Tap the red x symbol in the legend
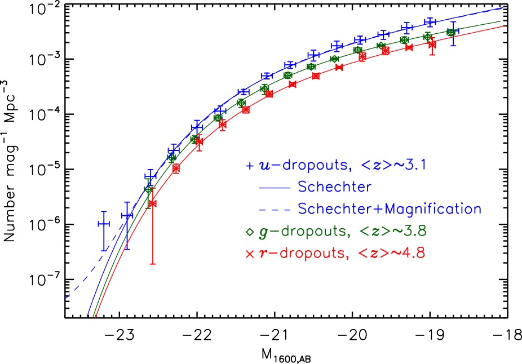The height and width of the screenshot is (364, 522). pyautogui.click(x=250, y=254)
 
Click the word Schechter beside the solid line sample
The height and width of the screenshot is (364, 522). pyautogui.click(x=335, y=187)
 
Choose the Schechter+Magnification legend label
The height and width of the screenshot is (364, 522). pyautogui.click(x=390, y=209)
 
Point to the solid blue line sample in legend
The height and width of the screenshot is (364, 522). pyautogui.click(x=275, y=187)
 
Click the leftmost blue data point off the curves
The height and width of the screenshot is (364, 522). pyautogui.click(x=104, y=224)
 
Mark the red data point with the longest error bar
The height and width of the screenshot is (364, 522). pyautogui.click(x=152, y=203)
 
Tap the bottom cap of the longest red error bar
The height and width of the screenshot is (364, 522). pyautogui.click(x=152, y=263)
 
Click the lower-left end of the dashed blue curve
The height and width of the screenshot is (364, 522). pyautogui.click(x=66, y=298)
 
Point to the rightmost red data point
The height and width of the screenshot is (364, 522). pyautogui.click(x=432, y=45)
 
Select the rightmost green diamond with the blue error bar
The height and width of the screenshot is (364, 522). pyautogui.click(x=451, y=32)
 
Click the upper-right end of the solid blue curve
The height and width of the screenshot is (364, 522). pyautogui.click(x=502, y=8)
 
